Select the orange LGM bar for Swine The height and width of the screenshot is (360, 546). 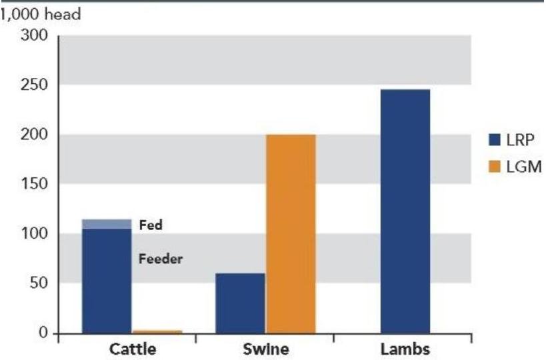[291, 233]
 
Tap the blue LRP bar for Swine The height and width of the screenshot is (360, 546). [240, 303]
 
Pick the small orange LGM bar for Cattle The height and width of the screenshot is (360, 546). [157, 331]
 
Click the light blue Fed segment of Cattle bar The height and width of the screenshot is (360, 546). [107, 224]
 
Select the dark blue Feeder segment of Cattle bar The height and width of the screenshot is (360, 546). [107, 280]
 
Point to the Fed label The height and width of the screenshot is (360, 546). [150, 225]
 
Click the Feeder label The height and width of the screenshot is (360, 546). [160, 259]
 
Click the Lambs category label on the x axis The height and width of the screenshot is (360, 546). [405, 349]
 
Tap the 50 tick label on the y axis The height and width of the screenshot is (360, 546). [42, 283]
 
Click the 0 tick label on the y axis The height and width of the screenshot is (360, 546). [46, 332]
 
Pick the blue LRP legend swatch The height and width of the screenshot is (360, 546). [495, 141]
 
